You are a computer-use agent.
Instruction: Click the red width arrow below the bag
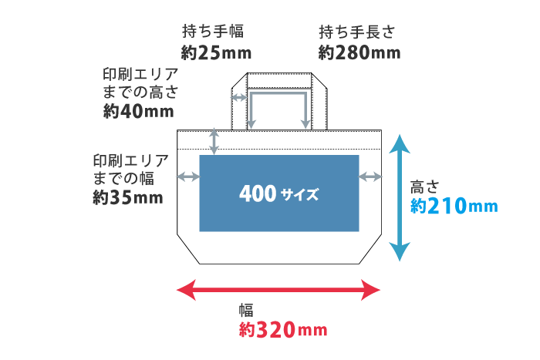278,290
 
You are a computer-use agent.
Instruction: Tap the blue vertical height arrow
398,197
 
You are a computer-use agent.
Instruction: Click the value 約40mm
139,111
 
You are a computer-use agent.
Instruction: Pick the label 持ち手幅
213,32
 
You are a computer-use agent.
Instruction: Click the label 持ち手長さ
356,32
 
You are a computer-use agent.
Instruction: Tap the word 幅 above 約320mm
246,311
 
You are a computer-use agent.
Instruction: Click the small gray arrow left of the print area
188,177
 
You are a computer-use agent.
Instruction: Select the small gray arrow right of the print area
370,177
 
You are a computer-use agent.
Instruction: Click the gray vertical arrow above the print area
215,141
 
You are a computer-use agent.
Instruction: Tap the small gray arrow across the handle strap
239,98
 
